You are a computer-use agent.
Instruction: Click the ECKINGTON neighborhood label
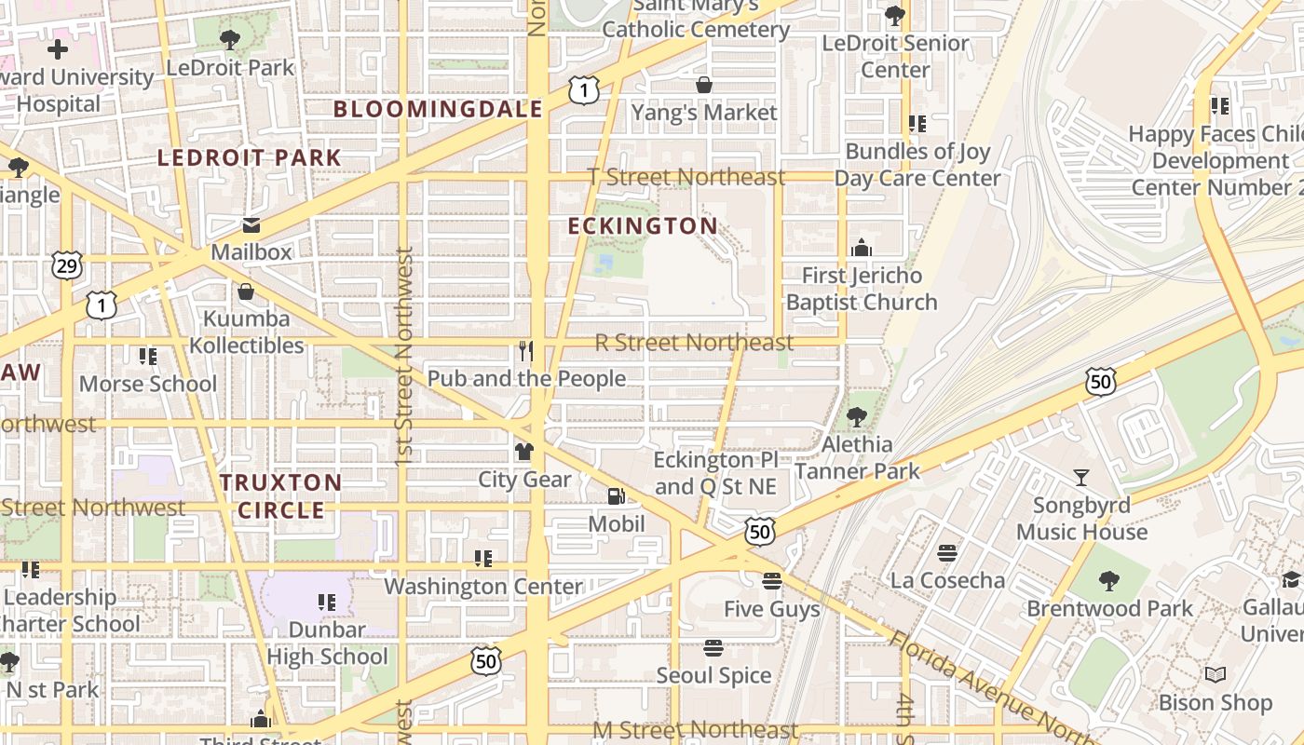click(x=643, y=226)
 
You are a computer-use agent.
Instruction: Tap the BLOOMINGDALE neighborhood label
click(x=438, y=109)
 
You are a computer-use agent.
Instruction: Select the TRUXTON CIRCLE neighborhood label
click(x=280, y=496)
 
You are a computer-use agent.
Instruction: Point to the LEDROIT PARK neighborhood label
click(x=249, y=158)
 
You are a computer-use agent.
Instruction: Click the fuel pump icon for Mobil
click(x=616, y=496)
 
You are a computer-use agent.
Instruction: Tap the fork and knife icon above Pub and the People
click(x=526, y=351)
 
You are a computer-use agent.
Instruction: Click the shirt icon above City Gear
click(x=524, y=452)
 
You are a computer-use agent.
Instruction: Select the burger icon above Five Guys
click(x=771, y=581)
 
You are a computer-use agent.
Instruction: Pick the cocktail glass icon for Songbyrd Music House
click(x=1080, y=478)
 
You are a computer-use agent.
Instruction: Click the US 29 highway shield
click(x=67, y=266)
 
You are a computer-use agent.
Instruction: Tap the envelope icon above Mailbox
click(x=251, y=225)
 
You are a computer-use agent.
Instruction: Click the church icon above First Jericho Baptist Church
click(x=862, y=248)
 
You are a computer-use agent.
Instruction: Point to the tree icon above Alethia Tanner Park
click(x=856, y=417)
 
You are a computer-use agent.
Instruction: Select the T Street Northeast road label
click(x=686, y=177)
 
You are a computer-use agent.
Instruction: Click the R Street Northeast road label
click(x=694, y=343)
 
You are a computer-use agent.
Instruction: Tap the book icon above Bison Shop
click(x=1215, y=674)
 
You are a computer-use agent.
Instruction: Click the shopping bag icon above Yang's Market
click(x=704, y=86)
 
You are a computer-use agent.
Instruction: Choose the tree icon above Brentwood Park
click(x=1108, y=581)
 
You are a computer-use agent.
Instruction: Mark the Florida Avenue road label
click(x=987, y=684)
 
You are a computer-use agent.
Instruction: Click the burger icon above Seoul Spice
click(x=713, y=647)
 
